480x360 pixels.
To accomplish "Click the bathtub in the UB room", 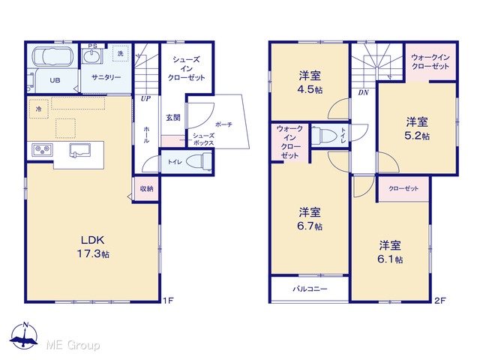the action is click(53, 56).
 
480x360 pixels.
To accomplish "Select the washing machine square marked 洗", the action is click(121, 53).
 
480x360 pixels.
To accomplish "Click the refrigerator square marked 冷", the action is click(38, 109).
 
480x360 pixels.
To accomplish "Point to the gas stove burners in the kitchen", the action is click(42, 150).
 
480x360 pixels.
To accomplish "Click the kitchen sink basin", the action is click(80, 151).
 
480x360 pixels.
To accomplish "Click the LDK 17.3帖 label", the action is click(93, 247).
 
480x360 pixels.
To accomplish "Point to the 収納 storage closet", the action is click(146, 189).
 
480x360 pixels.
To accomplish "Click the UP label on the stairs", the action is click(145, 98).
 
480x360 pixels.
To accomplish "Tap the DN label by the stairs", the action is click(363, 92).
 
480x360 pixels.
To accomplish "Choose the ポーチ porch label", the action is click(223, 124).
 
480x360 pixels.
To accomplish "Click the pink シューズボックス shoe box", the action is click(173, 141).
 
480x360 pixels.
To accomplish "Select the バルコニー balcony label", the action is click(310, 289).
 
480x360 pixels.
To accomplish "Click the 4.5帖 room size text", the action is click(310, 90).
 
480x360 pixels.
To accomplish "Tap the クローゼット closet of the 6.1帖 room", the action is click(403, 189).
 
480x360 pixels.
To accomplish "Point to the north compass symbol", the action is click(24, 336).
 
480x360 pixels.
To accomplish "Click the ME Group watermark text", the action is click(73, 345).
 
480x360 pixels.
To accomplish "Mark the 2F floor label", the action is click(439, 301).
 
